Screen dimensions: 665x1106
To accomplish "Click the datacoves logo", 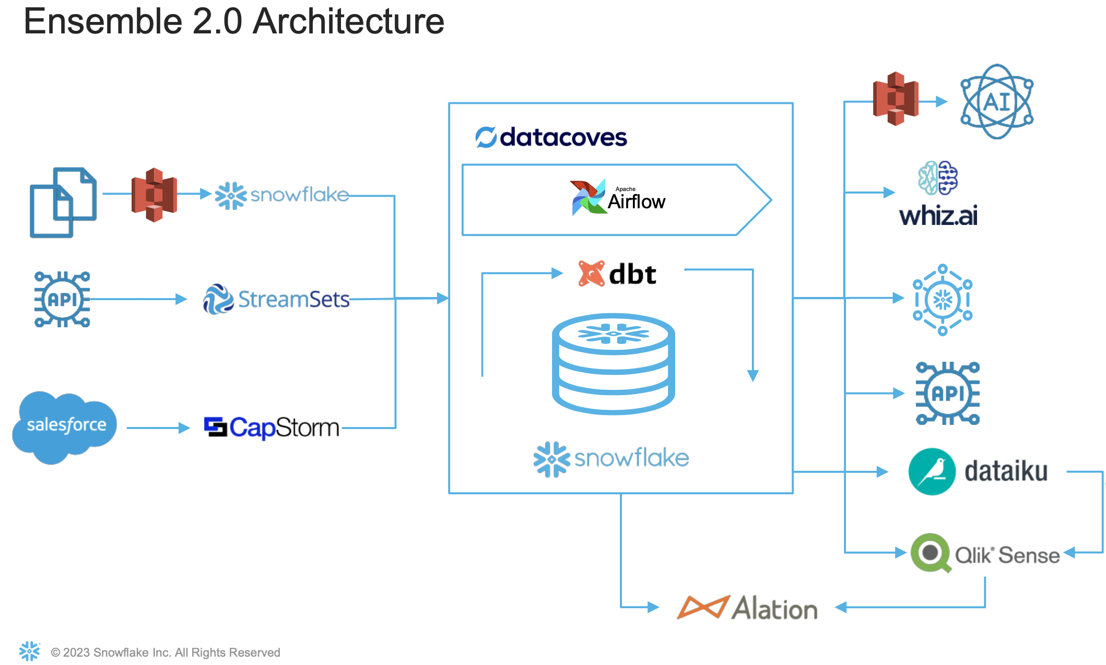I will (551, 137).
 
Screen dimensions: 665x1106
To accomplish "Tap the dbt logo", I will (617, 274).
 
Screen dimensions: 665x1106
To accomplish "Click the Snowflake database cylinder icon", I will (613, 364).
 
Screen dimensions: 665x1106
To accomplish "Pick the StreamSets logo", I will (276, 299).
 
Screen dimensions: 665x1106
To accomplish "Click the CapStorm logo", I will (272, 427).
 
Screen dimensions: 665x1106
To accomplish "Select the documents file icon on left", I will (63, 203).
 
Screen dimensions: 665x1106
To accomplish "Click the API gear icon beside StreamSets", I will (62, 299).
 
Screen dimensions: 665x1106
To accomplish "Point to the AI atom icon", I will (996, 102).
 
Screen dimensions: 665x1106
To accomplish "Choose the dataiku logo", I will (978, 471).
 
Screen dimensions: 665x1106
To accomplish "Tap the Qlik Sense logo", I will (985, 553).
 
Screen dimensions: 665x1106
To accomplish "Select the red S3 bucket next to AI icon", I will (896, 99).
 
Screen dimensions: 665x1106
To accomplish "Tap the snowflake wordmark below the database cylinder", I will (611, 459).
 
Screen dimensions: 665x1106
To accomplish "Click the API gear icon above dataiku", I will (947, 393).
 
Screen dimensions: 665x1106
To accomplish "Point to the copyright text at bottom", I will (165, 652).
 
